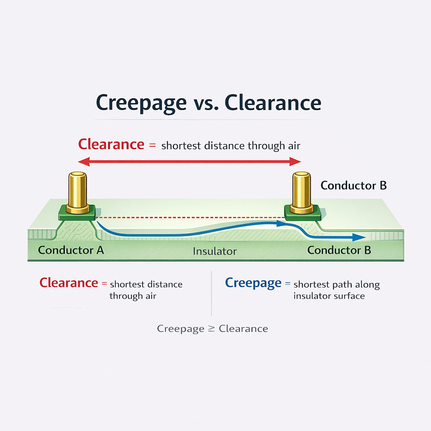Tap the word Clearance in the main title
tap(273, 103)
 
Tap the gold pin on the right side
tap(301, 191)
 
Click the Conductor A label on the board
tap(71, 250)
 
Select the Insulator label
tap(215, 251)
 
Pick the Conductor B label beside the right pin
tap(353, 186)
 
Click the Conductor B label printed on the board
tap(339, 250)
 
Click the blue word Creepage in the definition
tap(253, 283)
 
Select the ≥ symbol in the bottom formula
tap(211, 329)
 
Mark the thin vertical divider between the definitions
tap(212, 293)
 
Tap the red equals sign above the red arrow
tap(152, 145)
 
